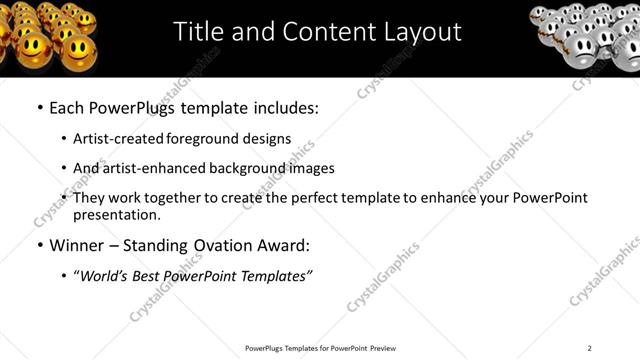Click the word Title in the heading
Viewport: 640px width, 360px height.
tap(198, 32)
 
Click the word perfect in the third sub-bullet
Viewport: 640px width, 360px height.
tap(306, 198)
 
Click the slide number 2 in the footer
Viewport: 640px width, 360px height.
tap(590, 348)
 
